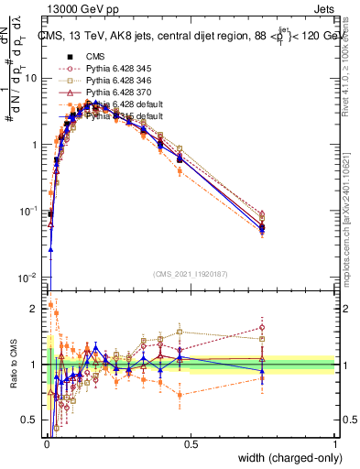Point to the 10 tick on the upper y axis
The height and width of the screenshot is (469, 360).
click(x=31, y=78)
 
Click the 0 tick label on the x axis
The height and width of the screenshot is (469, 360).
click(x=46, y=446)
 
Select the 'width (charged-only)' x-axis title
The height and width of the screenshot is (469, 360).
click(x=288, y=460)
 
